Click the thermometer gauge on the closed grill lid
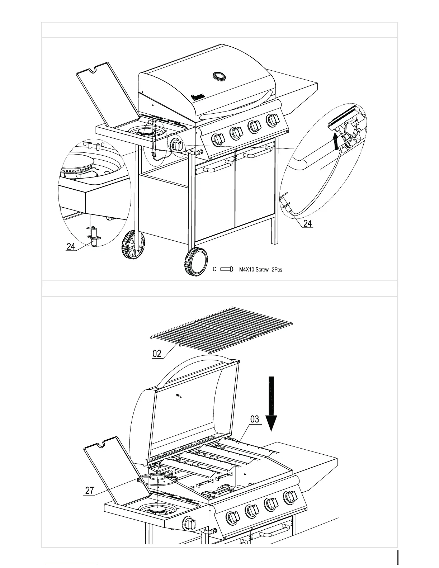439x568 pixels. [219, 76]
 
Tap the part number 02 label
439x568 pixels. [157, 354]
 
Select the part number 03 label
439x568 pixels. [254, 419]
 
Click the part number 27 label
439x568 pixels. [90, 490]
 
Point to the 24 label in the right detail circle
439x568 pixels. [307, 223]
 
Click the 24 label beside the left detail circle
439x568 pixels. [71, 246]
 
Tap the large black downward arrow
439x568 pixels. [272, 403]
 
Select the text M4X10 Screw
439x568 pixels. [254, 269]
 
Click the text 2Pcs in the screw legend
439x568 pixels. [277, 269]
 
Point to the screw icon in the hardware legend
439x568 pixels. [227, 269]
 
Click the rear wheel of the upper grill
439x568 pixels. [133, 245]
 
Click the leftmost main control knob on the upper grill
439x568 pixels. [218, 139]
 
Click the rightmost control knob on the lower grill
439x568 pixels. [291, 497]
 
